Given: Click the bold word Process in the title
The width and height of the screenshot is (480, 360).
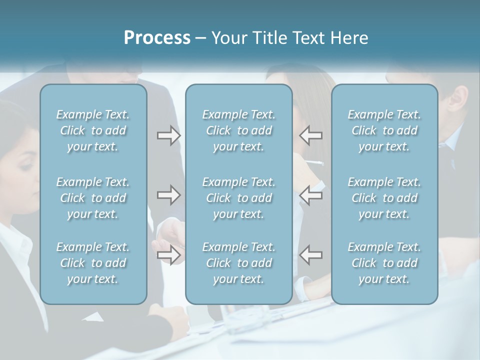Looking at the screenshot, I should [157, 38].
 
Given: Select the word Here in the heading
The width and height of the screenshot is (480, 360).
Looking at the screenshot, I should [349, 38].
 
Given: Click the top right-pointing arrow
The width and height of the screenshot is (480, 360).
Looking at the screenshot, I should [168, 135].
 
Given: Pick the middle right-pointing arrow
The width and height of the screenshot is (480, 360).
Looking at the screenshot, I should [168, 195].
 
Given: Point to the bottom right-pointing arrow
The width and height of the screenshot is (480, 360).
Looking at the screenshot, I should [168, 255].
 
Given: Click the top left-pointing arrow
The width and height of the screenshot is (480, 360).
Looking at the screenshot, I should [310, 135].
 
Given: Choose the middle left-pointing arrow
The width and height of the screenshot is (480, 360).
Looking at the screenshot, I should [310, 195].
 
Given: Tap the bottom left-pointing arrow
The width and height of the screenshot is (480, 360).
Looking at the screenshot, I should [310, 254].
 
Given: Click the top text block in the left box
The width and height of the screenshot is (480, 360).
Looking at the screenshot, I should [93, 130].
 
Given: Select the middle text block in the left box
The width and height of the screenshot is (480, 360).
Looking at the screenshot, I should [93, 198].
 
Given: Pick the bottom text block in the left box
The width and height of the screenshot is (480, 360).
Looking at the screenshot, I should [93, 263].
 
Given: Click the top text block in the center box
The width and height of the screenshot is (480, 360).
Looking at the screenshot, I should [239, 130].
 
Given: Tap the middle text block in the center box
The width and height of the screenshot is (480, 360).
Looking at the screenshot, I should [239, 198].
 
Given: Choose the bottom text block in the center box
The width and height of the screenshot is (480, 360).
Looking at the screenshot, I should [239, 263].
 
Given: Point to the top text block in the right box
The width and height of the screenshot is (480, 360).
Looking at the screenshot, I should [384, 130].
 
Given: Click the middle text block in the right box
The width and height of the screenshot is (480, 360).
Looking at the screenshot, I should [384, 198].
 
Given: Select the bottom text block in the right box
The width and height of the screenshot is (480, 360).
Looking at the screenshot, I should [384, 263].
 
